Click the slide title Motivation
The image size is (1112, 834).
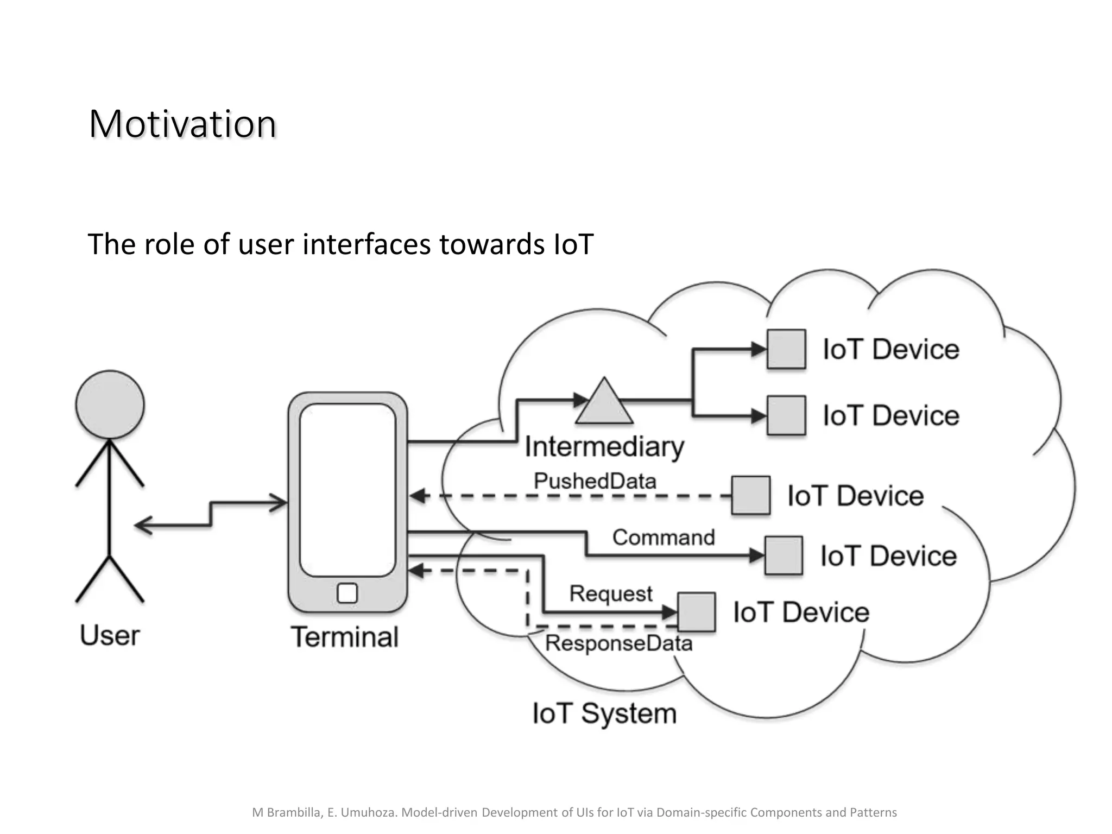(x=182, y=124)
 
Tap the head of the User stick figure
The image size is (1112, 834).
(x=110, y=405)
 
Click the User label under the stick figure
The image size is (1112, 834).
(x=110, y=635)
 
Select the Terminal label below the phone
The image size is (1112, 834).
(x=345, y=637)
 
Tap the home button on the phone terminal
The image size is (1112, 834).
(x=347, y=593)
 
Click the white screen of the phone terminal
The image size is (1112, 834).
(x=347, y=489)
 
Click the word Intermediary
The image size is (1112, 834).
(x=604, y=447)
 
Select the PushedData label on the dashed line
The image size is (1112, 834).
(x=595, y=481)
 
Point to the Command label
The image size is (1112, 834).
(x=664, y=538)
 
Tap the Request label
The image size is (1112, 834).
(x=611, y=593)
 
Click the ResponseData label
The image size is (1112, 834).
(x=619, y=643)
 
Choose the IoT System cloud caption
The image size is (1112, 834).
(x=604, y=713)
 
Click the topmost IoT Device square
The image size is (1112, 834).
(x=786, y=349)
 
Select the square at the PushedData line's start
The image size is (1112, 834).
(x=750, y=495)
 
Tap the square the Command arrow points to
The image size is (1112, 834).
(x=784, y=555)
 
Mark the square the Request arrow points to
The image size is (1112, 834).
(x=697, y=612)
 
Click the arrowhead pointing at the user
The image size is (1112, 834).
(x=141, y=526)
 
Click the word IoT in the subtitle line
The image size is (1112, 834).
(x=574, y=244)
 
